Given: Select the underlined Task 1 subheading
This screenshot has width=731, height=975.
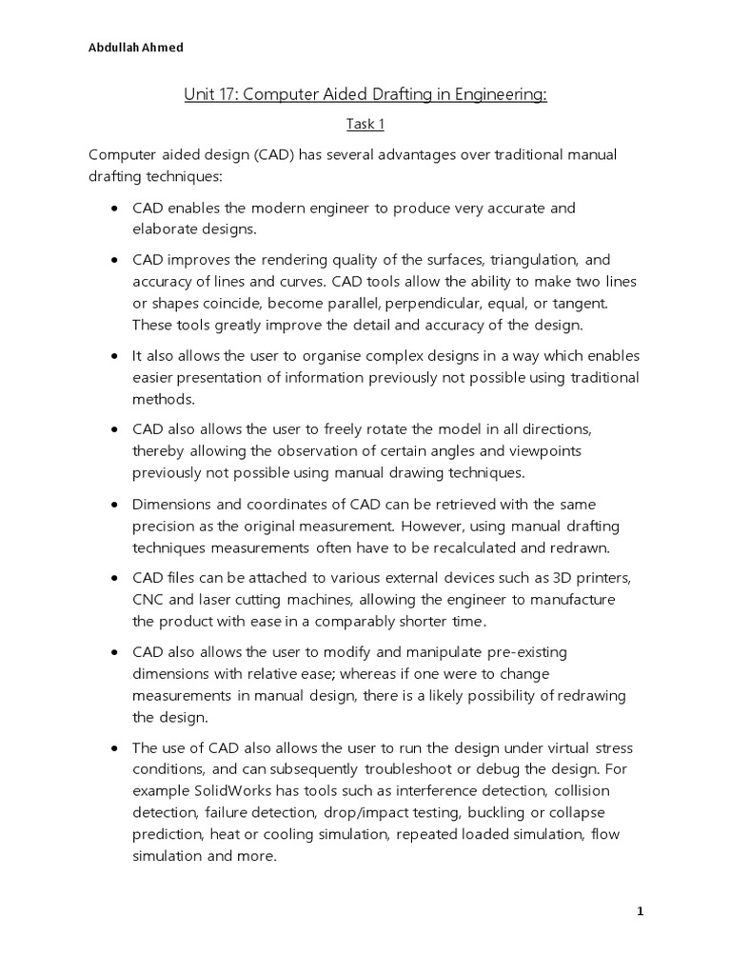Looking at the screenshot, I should [x=365, y=124].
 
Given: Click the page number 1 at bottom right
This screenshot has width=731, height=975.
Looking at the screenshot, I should [x=641, y=911].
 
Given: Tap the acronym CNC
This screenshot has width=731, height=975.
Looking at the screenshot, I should [x=150, y=599].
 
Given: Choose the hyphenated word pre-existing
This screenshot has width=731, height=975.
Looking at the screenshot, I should [x=535, y=652].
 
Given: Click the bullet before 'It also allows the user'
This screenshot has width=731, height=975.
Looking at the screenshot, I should [x=114, y=356].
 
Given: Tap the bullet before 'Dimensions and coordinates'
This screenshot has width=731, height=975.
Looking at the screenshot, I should [x=114, y=504].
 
